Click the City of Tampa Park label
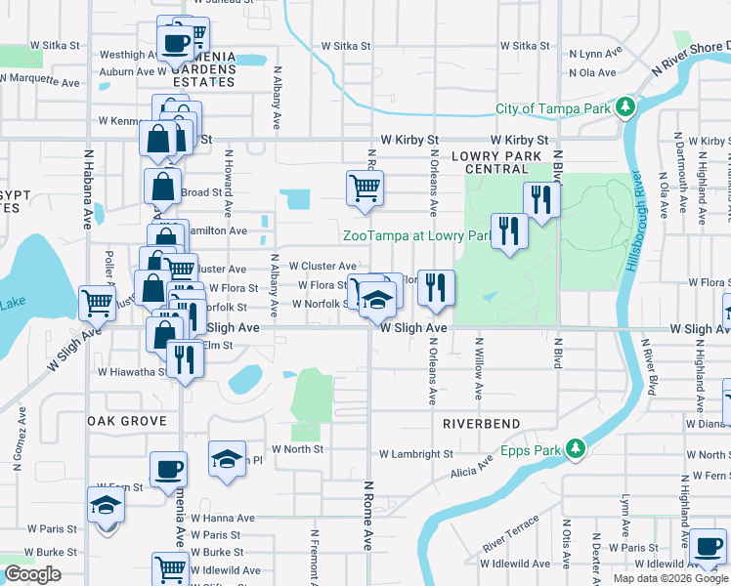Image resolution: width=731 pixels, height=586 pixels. [x=553, y=107]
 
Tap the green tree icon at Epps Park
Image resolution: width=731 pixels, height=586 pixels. [x=577, y=448]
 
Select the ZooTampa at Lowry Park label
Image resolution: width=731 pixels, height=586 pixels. [x=415, y=235]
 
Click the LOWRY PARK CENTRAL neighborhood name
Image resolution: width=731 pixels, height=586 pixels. [x=496, y=162]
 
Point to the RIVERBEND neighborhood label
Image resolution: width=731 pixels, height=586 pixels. [x=485, y=425]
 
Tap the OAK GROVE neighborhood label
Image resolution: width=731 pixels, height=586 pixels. [x=126, y=421]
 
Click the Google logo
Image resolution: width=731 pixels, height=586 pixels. [x=32, y=574]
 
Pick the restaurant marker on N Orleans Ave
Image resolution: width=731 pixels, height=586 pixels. [x=436, y=285]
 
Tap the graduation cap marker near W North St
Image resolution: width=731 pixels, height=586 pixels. [x=227, y=457]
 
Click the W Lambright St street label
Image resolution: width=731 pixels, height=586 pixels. [x=415, y=454]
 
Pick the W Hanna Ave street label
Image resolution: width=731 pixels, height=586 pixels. [x=223, y=519]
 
